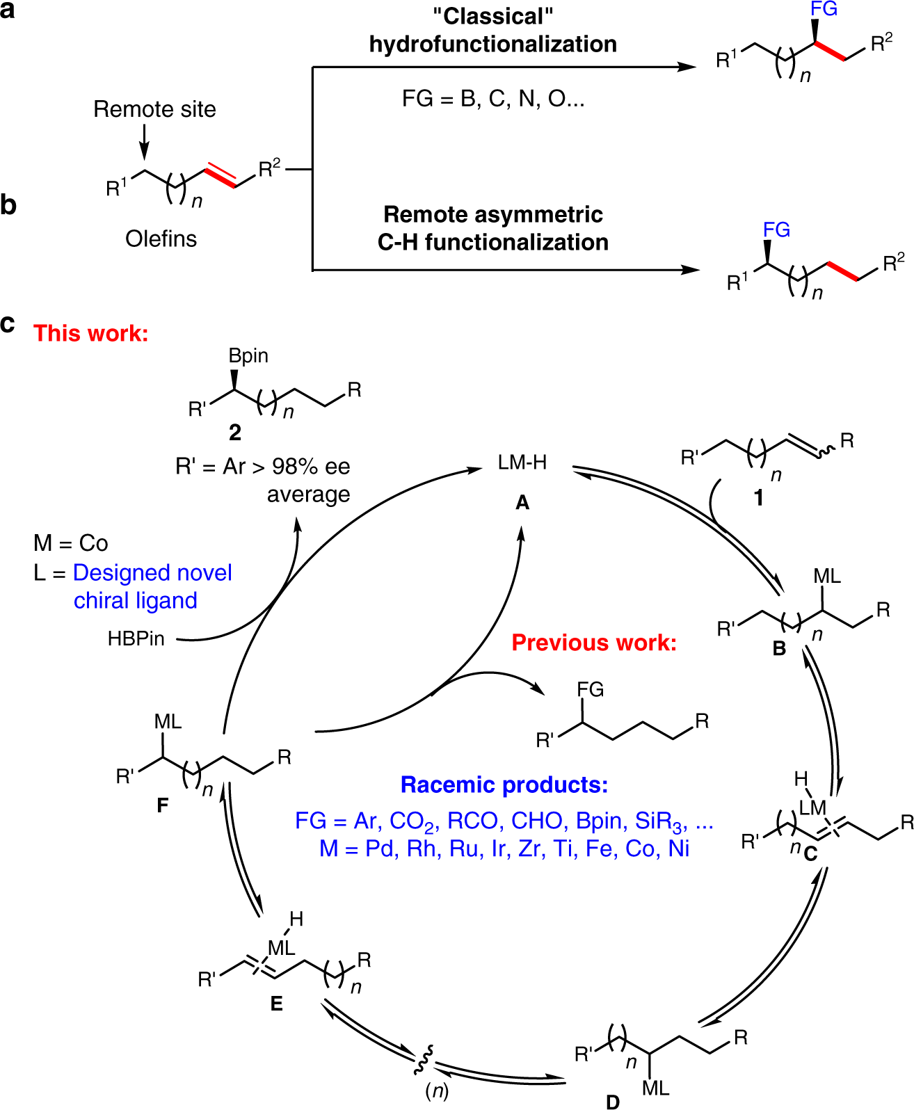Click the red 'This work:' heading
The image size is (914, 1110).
pyautogui.click(x=90, y=333)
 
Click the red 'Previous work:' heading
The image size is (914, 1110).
pyautogui.click(x=594, y=642)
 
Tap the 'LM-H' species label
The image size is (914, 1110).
pyautogui.click(x=522, y=462)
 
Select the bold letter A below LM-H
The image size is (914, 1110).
pyautogui.click(x=522, y=502)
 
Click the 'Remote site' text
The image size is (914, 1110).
pyautogui.click(x=154, y=109)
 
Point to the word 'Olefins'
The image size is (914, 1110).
pyautogui.click(x=161, y=239)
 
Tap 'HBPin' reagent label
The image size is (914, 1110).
pyautogui.click(x=136, y=638)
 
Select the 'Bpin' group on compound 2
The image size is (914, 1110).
pyautogui.click(x=248, y=355)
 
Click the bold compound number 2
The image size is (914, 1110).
pyautogui.click(x=235, y=433)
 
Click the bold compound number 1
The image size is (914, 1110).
pyautogui.click(x=759, y=498)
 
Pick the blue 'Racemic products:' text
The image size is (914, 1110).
pyautogui.click(x=504, y=785)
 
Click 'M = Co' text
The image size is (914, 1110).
pyautogui.click(x=71, y=542)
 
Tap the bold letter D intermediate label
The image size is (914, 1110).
pyautogui.click(x=612, y=1102)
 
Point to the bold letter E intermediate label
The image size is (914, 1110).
pyautogui.click(x=276, y=1004)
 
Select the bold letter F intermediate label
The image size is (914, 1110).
pyautogui.click(x=162, y=805)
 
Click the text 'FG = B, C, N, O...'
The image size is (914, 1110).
pyautogui.click(x=493, y=99)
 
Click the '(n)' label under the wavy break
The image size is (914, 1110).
pyautogui.click(x=437, y=1091)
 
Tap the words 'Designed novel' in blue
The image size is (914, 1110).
pyautogui.click(x=152, y=572)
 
